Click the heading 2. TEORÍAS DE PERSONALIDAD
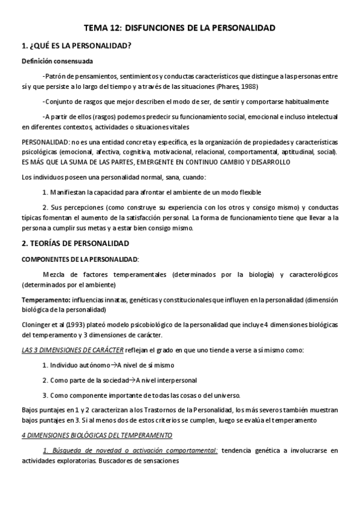tap(80, 244)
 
